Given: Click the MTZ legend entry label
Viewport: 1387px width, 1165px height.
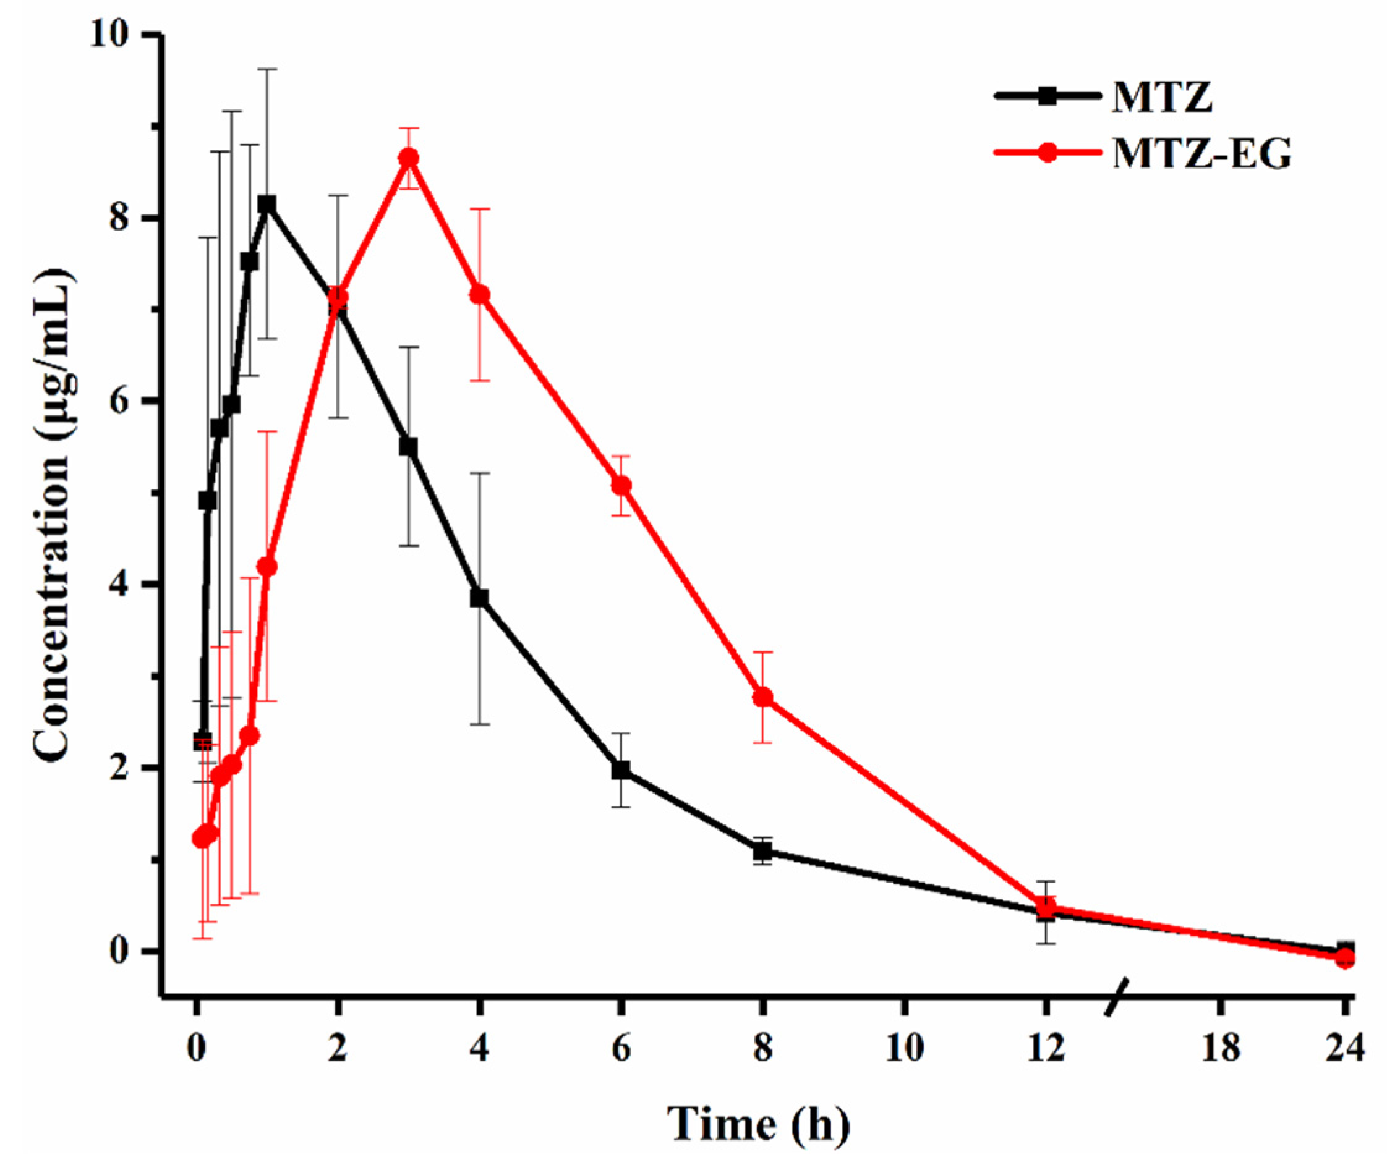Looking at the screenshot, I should (1162, 97).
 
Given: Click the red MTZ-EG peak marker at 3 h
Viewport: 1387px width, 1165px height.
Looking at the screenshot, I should (409, 158).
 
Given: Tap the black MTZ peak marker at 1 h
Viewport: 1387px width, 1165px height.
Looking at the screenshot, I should (267, 203).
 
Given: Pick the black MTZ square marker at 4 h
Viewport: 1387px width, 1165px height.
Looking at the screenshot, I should (480, 598).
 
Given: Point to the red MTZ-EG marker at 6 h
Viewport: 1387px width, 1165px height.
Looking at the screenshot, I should (621, 486).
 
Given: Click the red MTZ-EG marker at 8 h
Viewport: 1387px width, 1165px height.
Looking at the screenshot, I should (763, 697).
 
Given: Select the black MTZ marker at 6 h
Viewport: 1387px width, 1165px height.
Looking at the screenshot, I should (621, 770).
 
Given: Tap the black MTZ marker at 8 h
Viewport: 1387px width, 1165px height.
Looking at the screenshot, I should (763, 852).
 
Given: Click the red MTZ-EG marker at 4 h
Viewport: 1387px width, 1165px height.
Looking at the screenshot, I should (480, 295).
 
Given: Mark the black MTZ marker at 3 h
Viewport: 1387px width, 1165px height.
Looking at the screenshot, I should (409, 447).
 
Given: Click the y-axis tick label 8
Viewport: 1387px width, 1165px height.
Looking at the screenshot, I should (119, 218).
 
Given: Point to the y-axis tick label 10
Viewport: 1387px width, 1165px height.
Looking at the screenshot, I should (108, 35).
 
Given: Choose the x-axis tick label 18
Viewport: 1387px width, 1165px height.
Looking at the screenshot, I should (1220, 1049).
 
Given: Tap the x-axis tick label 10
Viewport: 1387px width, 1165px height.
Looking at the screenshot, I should (905, 1049).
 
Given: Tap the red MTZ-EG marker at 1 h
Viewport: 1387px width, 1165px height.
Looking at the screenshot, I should (267, 567).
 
